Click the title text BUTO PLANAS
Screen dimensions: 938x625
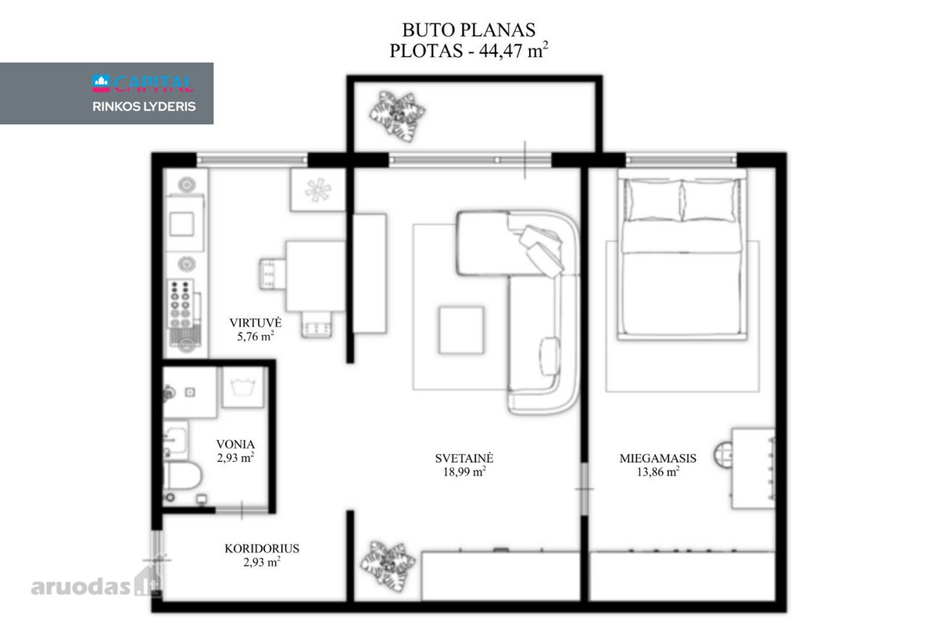tap(468, 30)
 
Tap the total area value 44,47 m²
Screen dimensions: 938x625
tap(514, 50)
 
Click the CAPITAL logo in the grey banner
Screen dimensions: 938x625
tap(143, 84)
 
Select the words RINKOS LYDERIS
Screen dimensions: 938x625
tap(144, 107)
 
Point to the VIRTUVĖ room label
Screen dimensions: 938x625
tap(256, 323)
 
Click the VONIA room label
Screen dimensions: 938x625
tap(235, 445)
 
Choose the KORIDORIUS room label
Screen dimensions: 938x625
tap(262, 548)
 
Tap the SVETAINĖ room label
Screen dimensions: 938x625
tap(464, 459)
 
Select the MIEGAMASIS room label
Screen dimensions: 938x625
tap(658, 459)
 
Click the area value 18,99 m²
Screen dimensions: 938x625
tap(464, 472)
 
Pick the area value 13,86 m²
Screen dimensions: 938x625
tap(658, 472)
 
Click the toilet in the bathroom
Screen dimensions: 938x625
tap(181, 476)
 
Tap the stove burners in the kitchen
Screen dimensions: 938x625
tap(181, 303)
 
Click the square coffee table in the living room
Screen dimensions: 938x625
tap(461, 330)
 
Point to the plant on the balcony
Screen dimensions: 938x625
tap(397, 115)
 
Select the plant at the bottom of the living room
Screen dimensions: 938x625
tap(388, 566)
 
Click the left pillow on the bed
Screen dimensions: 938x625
tap(654, 201)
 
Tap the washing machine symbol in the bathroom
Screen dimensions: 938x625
tap(243, 387)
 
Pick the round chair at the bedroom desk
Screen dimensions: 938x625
tap(724, 458)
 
